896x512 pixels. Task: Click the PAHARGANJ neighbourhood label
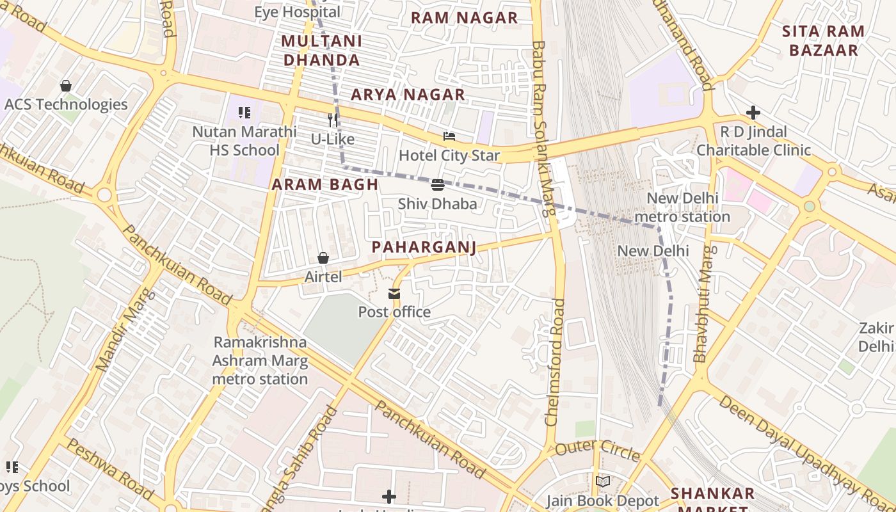coord(424,248)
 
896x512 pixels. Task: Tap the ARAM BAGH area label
coord(325,185)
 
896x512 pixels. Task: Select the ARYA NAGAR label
coord(408,95)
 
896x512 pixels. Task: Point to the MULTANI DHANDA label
coord(321,51)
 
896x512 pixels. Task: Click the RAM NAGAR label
coord(464,18)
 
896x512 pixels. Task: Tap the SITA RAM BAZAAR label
coord(823,40)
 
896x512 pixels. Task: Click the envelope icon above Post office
coord(394,294)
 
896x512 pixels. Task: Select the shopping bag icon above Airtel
coord(323,258)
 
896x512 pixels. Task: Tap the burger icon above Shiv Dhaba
coord(438,185)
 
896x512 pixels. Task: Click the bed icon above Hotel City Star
coord(449,136)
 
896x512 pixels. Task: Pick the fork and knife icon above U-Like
coord(332,120)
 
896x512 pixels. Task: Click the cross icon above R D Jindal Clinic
coord(753,113)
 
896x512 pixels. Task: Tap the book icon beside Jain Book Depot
coord(602,481)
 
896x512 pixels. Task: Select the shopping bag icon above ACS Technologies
coord(66,85)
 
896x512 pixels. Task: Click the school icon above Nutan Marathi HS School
coord(244,113)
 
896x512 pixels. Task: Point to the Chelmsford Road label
coord(555,362)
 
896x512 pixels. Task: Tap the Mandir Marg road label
coord(125,330)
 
